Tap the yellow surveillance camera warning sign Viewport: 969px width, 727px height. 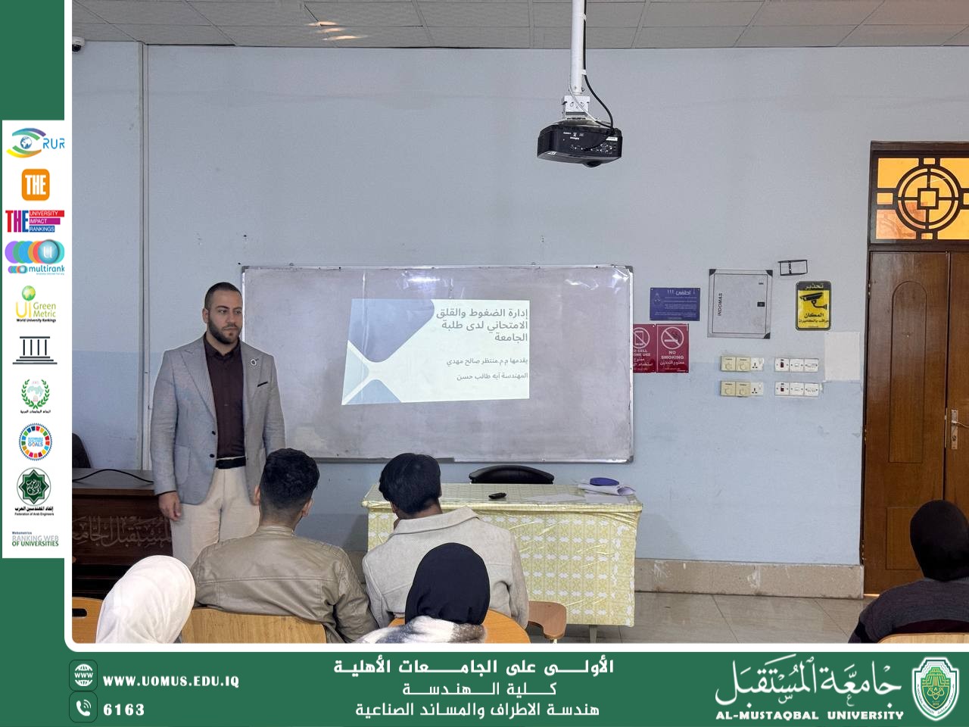click(813, 305)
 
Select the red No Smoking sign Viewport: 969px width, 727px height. click(671, 348)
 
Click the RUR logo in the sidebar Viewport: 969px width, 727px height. click(36, 142)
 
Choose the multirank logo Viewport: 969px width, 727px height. click(35, 257)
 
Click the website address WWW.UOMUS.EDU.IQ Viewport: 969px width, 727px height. click(171, 681)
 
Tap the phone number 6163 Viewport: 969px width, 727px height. click(123, 710)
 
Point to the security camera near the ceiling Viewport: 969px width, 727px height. click(78, 45)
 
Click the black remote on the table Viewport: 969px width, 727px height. click(497, 495)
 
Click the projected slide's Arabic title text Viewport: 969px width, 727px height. click(482, 324)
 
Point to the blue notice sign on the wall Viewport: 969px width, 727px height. click(675, 304)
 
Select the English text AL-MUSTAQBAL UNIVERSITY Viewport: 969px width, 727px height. click(809, 715)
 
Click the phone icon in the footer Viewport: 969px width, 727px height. click(83, 708)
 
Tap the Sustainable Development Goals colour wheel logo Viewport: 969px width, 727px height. click(35, 442)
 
